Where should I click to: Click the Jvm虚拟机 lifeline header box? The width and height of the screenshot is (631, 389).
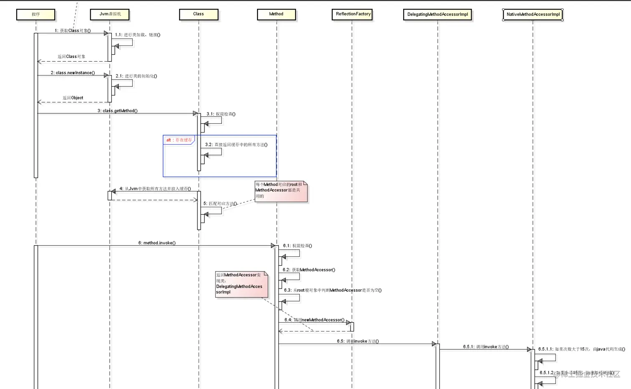point(110,14)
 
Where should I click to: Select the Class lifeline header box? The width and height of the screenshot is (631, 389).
point(199,14)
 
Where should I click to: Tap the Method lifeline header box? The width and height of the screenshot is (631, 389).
point(276,14)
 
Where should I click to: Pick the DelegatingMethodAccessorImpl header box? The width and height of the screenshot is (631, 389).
point(437,15)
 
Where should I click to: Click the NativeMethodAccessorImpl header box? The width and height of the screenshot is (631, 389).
point(533,15)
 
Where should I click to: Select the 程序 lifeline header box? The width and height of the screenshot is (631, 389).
point(35,15)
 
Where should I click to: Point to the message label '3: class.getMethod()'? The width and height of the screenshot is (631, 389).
point(117,111)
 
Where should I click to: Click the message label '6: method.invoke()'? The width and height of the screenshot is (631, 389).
point(157,243)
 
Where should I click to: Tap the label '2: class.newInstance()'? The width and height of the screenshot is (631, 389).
point(73,73)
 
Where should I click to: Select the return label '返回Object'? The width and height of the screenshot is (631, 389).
point(73,98)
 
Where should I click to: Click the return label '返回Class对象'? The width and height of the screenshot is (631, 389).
point(71,57)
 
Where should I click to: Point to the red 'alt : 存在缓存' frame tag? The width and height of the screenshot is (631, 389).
point(179,140)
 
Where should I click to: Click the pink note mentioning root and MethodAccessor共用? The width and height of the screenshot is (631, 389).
point(280,191)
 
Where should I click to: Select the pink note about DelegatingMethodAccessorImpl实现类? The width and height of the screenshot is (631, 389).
point(241,284)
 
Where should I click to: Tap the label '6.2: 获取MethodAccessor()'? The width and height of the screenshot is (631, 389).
point(309,270)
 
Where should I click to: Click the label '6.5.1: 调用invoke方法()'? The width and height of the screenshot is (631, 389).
point(486,347)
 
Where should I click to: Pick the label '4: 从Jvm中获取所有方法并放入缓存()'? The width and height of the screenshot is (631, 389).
point(155,189)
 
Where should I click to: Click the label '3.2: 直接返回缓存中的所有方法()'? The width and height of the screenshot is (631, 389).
point(236,145)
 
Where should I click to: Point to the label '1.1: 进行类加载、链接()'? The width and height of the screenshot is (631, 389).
point(138,35)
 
